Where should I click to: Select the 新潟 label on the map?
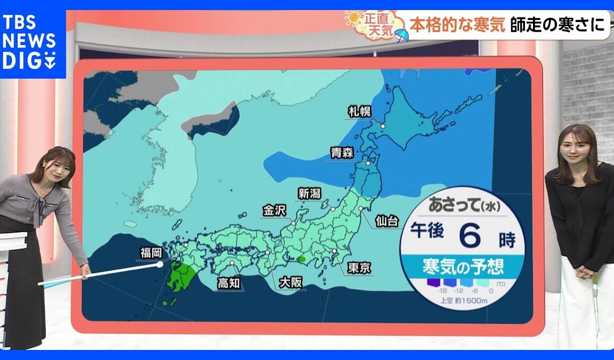tap(309, 194)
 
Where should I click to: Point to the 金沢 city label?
tap(275, 211)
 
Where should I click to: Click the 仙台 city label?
tap(387, 221)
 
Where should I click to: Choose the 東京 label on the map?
tap(359, 268)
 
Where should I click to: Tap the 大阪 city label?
tap(290, 282)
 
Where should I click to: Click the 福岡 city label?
tap(151, 253)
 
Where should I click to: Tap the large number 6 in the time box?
tap(469, 235)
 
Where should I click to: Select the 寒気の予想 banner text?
tap(463, 266)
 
